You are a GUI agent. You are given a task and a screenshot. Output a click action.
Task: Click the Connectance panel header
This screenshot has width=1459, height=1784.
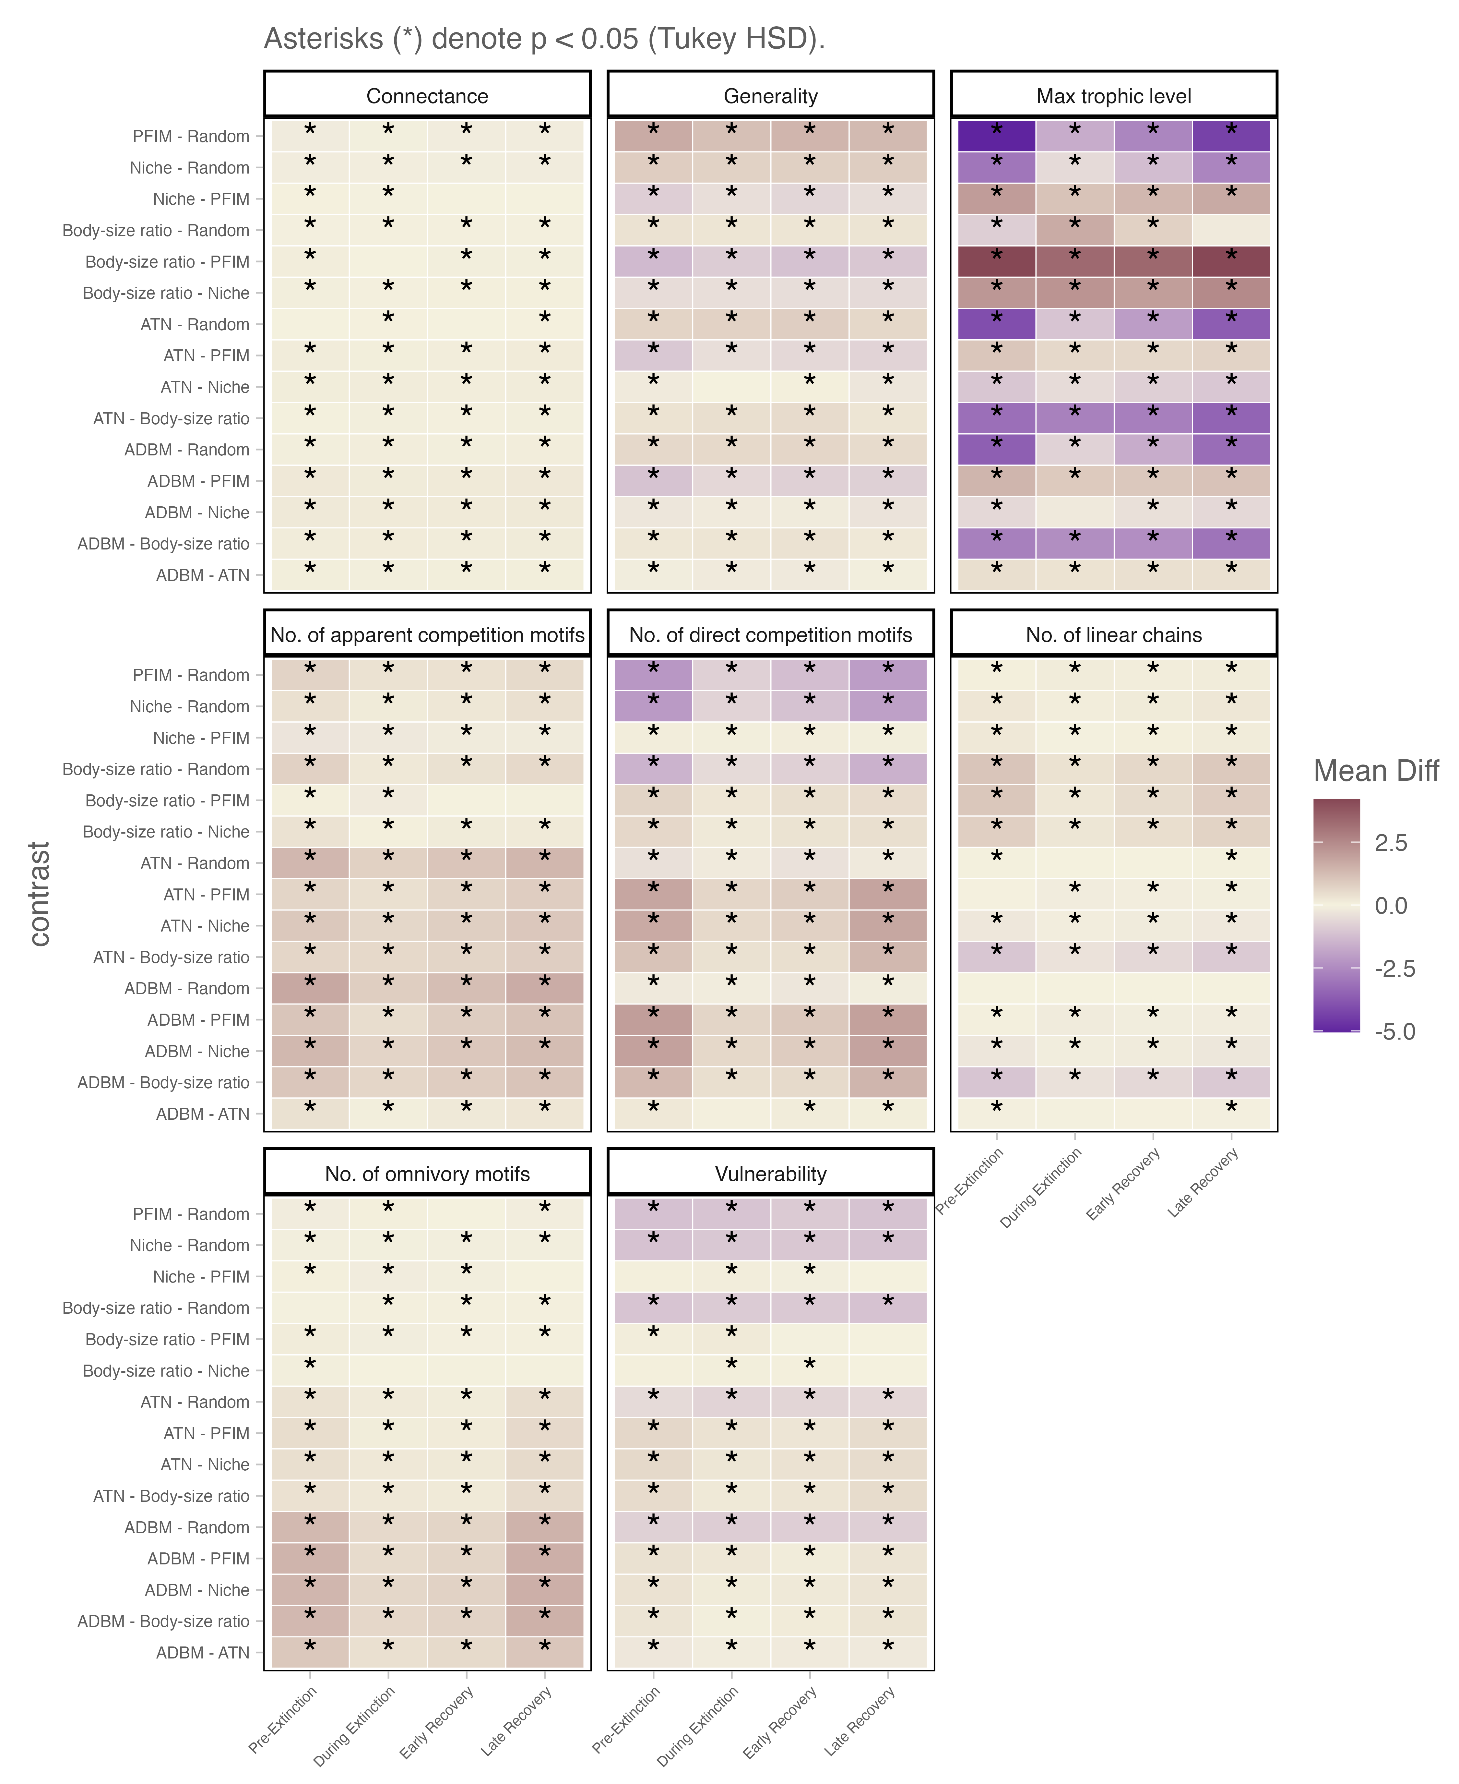tap(427, 96)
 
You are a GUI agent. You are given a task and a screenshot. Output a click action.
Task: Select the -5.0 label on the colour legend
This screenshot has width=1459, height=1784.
tap(1394, 1031)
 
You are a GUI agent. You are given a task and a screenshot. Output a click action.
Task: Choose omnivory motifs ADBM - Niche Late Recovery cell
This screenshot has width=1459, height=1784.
tap(545, 1590)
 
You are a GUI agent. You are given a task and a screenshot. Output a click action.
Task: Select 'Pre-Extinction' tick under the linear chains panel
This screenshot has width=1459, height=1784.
tap(970, 1181)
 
